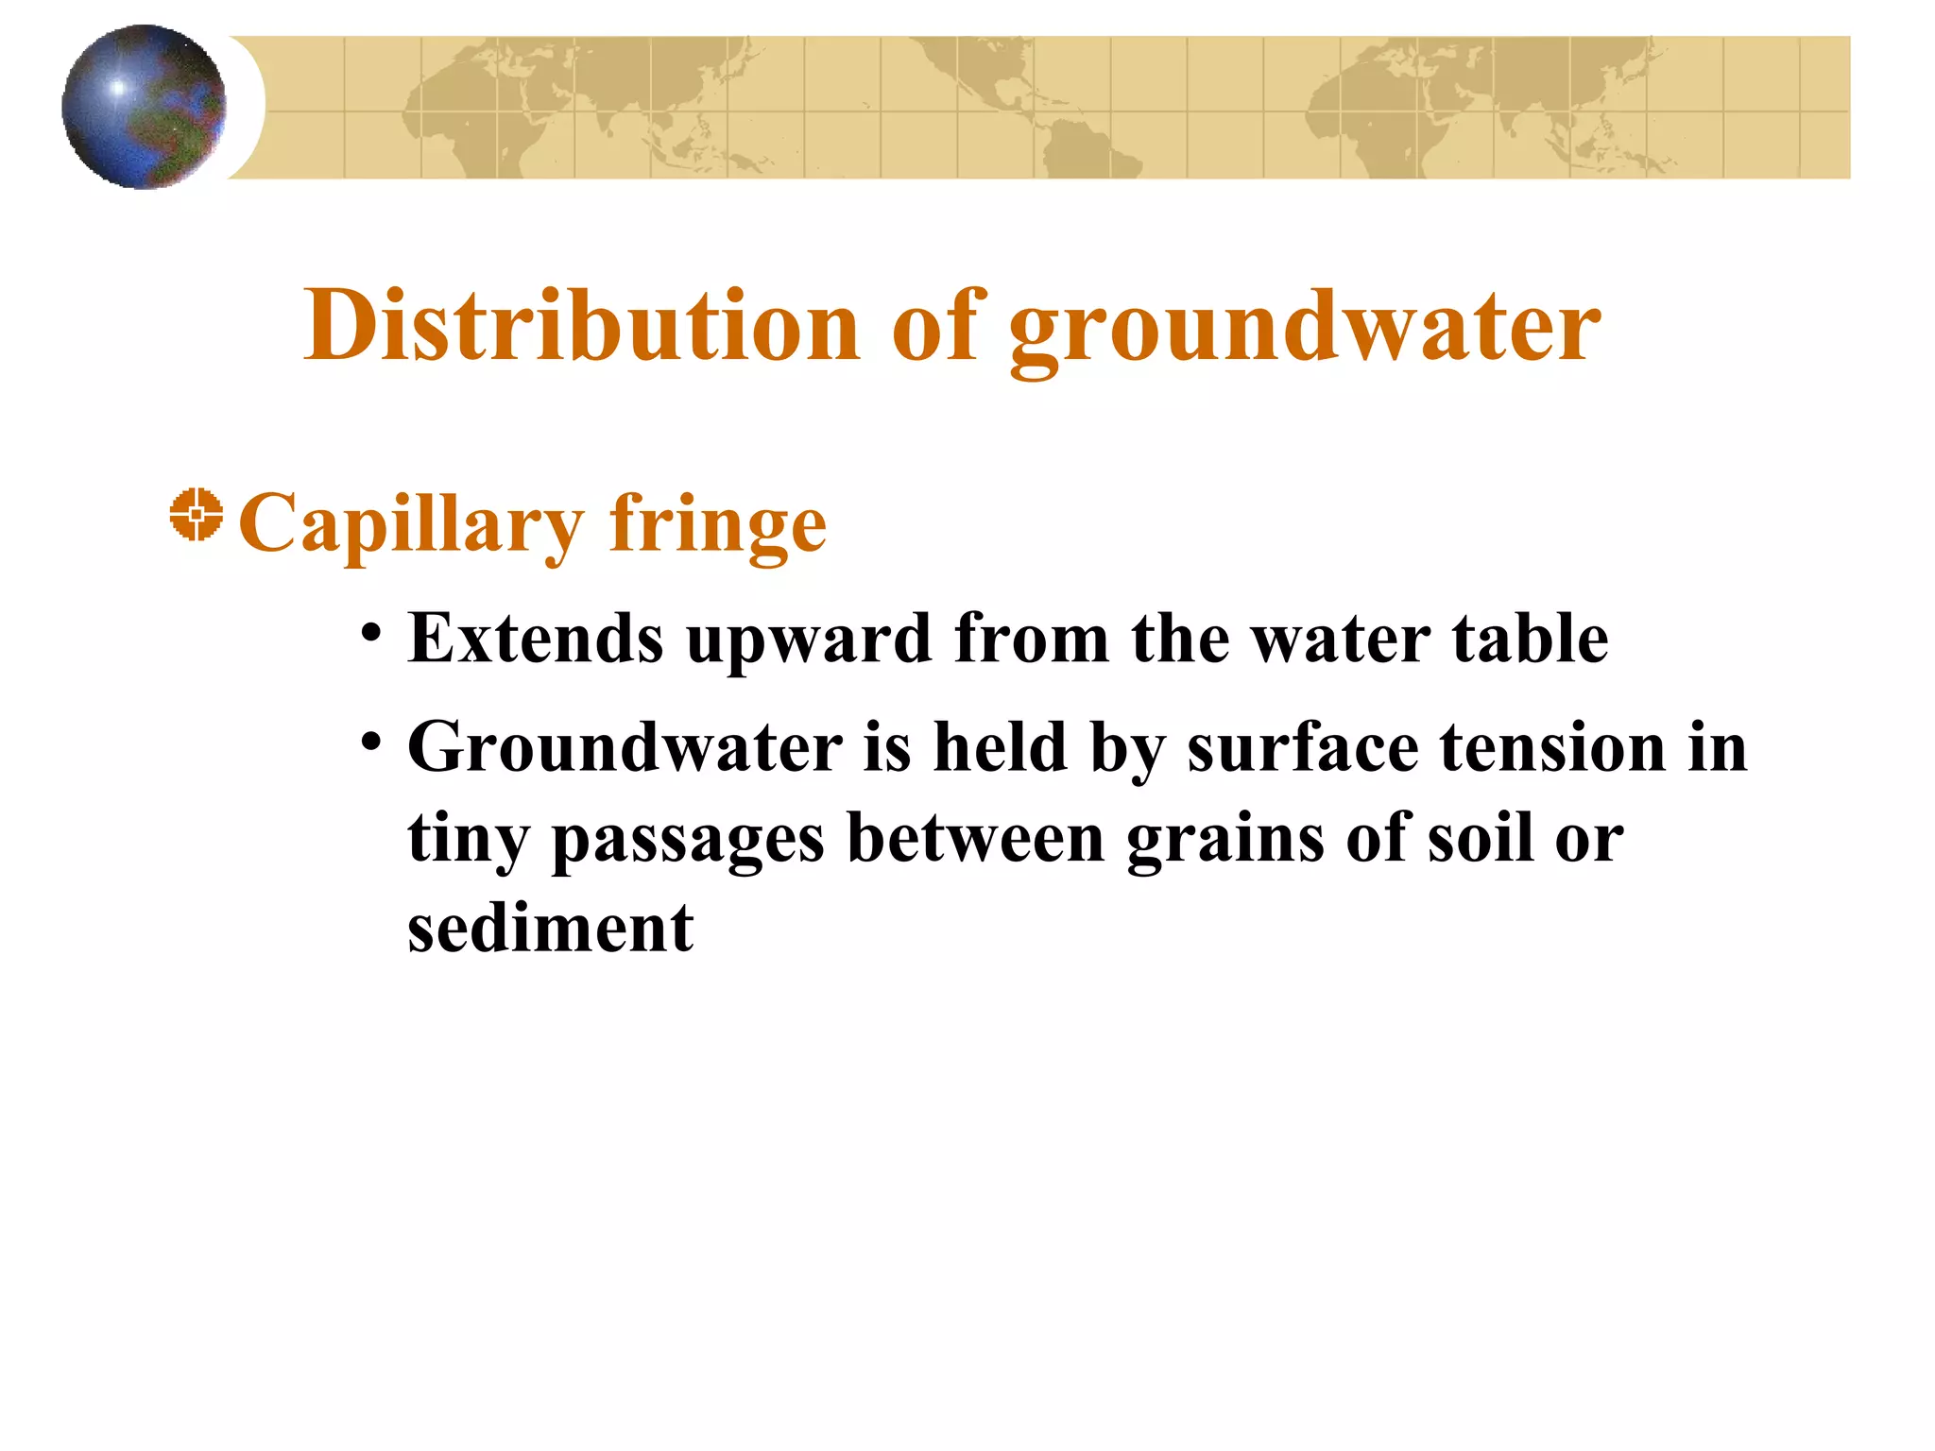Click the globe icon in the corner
click(144, 107)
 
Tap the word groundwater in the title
click(1305, 329)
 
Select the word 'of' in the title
click(935, 325)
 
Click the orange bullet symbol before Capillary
click(197, 515)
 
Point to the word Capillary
click(412, 525)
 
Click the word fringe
click(718, 525)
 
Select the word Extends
click(536, 639)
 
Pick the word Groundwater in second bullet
click(625, 747)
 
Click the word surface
click(1303, 747)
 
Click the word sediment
click(551, 928)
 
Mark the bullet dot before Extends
click(371, 631)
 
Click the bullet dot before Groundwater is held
click(371, 740)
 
